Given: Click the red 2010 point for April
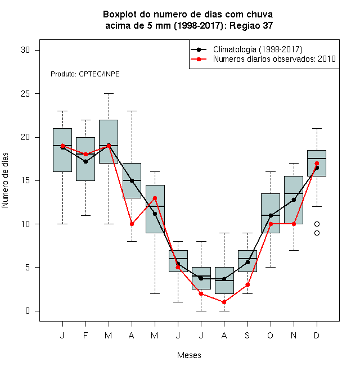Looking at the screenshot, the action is point(132,224).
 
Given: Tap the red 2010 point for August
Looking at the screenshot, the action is point(224,302).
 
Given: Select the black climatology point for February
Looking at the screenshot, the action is point(85,161).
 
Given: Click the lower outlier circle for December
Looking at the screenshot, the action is point(317,233).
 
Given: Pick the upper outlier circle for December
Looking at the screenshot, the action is point(317,224).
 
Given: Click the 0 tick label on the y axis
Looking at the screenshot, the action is point(28,311).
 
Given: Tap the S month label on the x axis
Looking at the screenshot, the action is point(247,335).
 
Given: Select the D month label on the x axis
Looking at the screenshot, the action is point(317,335).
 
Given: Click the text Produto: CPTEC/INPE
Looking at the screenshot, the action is point(85,74).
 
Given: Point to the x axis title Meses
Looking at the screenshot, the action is point(189,355).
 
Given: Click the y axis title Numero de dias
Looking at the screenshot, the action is point(5,180).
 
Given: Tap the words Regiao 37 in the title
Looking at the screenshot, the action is point(251,25).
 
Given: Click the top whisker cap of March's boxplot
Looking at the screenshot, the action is point(109,94).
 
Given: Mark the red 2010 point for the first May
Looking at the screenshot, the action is point(155,198).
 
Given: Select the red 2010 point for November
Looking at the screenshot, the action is point(294,224).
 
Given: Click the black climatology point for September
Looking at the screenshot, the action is point(247,262).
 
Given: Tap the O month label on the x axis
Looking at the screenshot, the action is point(270,335).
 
